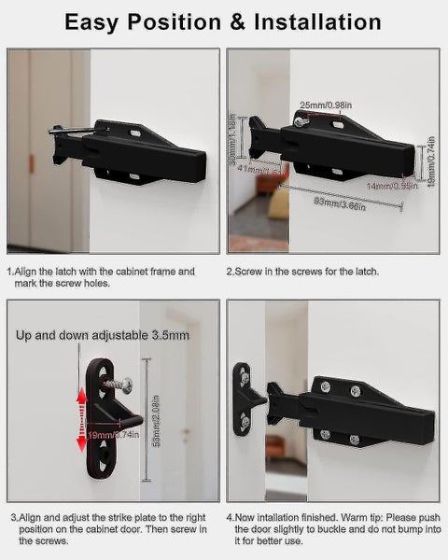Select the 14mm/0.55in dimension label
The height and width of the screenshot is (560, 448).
pyautogui.click(x=392, y=187)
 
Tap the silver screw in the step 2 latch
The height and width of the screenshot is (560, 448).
pyautogui.click(x=298, y=120)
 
